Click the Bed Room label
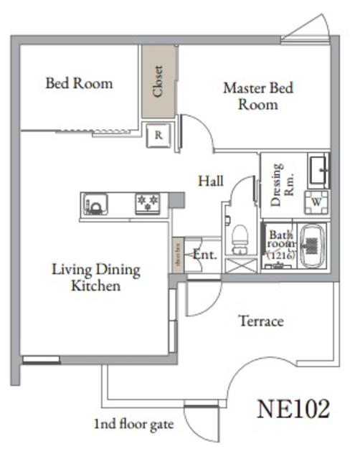(79, 83)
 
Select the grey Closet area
(158, 82)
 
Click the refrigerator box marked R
(158, 136)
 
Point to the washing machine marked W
(316, 203)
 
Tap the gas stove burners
(148, 204)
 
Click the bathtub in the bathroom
(312, 245)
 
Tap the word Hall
(210, 181)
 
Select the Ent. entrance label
(204, 254)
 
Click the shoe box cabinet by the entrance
(178, 255)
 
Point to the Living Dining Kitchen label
(95, 278)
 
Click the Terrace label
(260, 321)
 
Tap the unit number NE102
(293, 409)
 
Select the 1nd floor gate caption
(133, 424)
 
